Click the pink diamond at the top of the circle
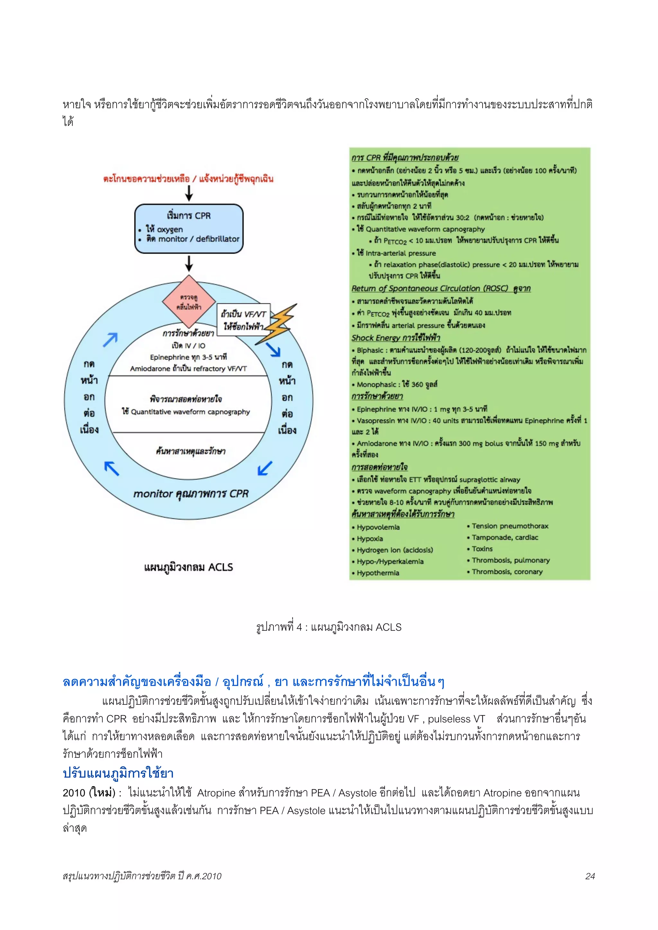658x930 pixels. [189, 301]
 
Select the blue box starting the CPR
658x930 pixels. [189, 229]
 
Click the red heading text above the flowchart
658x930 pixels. [188, 178]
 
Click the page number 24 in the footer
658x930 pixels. [590, 876]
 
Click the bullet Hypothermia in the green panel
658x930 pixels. [378, 573]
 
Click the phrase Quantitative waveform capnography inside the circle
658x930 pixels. [190, 412]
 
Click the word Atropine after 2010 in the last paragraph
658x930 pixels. [216, 793]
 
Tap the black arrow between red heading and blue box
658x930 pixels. [189, 193]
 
